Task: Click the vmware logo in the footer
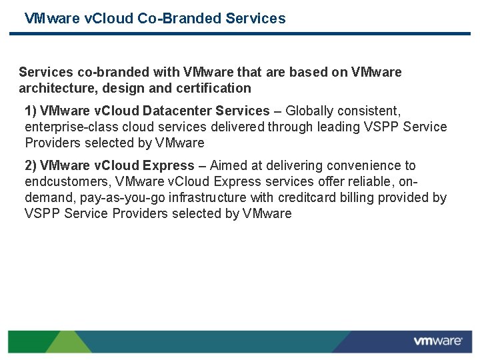(x=437, y=341)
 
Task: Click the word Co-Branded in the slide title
(x=180, y=19)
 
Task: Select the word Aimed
(x=228, y=165)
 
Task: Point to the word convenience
(x=369, y=165)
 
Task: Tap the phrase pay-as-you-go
(x=121, y=197)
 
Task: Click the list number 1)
(x=31, y=111)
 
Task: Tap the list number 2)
(x=31, y=165)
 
